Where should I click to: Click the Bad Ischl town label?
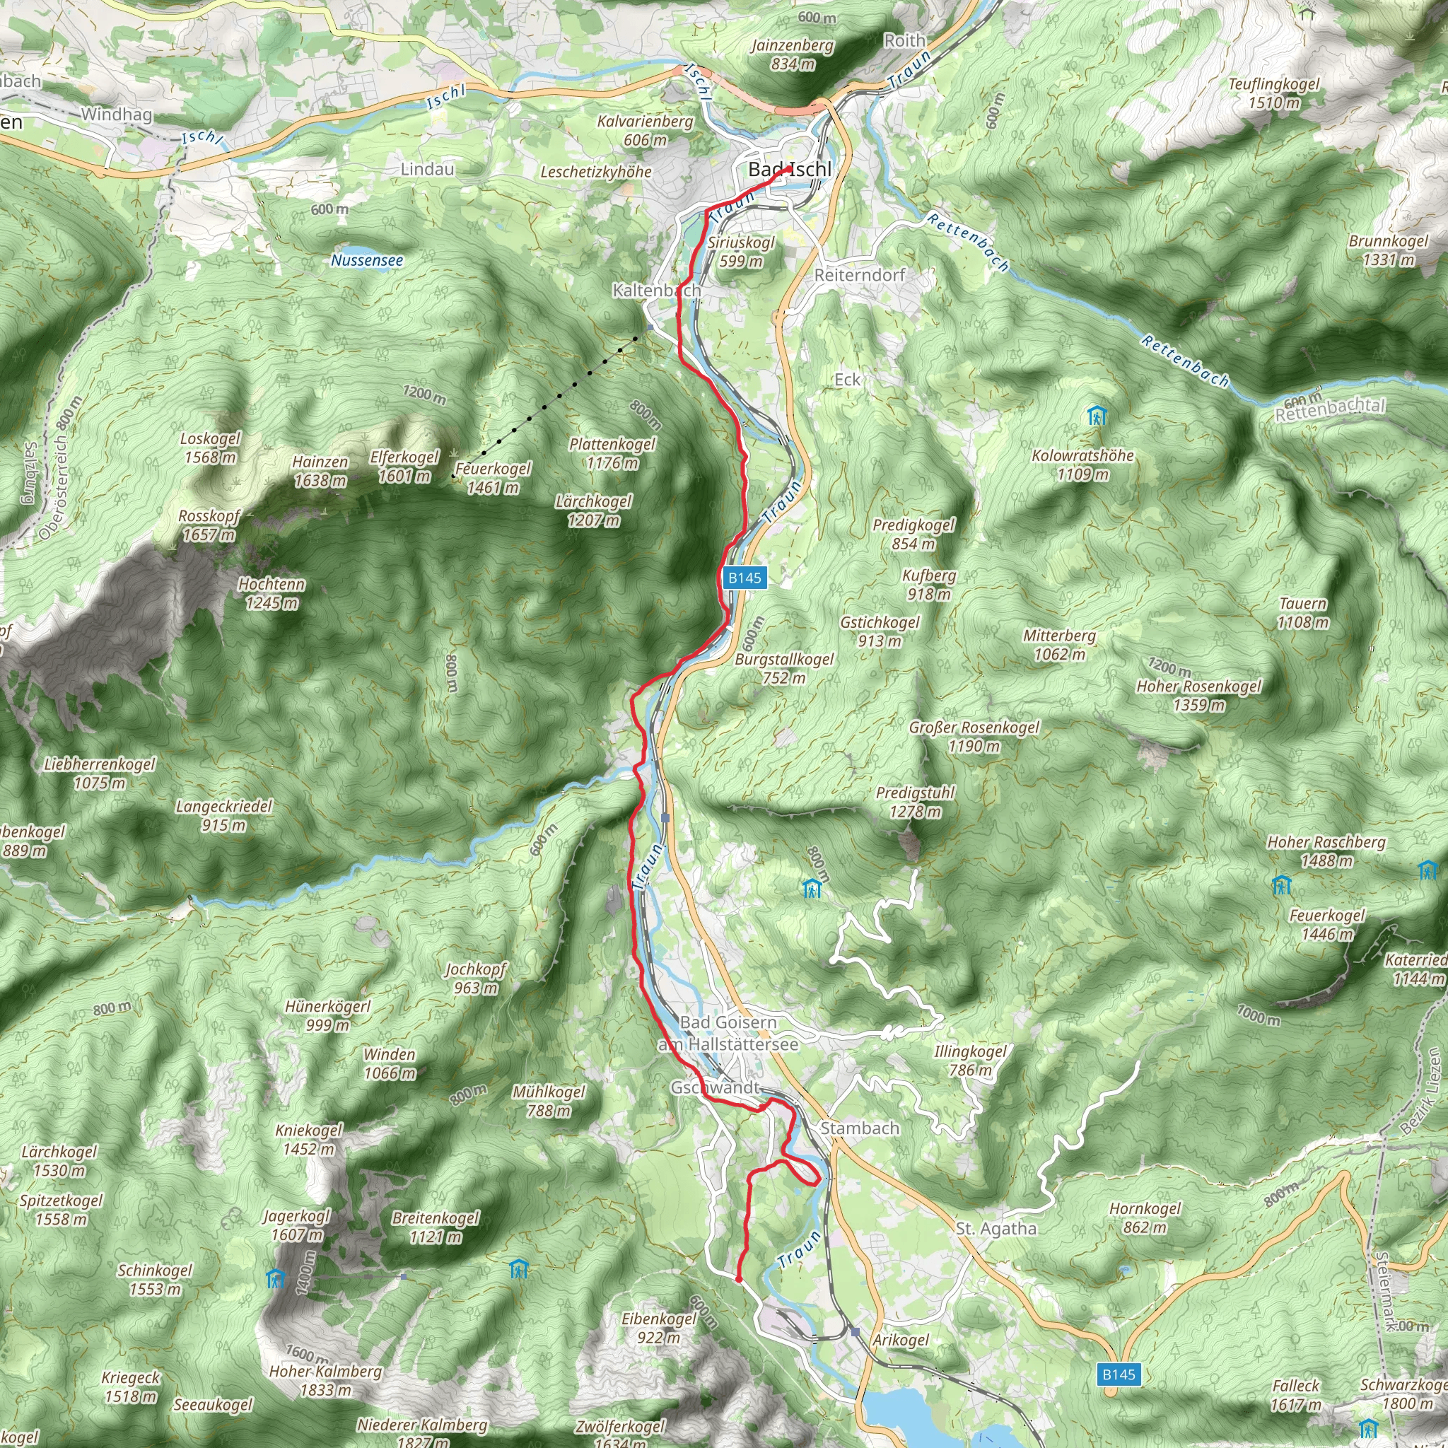tap(789, 170)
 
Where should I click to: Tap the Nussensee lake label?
tap(366, 260)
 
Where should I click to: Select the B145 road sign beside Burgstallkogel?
tap(745, 578)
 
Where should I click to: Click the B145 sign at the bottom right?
tap(1119, 1374)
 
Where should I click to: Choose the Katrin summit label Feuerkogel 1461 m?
tap(492, 478)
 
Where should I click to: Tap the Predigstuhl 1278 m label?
tap(915, 802)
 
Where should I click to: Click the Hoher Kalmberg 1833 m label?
tap(325, 1380)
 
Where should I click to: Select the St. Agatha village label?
tap(996, 1228)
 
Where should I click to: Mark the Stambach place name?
tap(859, 1128)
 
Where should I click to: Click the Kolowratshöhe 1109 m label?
tap(1082, 465)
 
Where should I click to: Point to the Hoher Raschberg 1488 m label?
tap(1326, 851)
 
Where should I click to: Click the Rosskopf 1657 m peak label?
tap(209, 525)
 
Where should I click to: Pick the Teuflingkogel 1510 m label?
tap(1273, 93)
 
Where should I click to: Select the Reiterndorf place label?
tap(860, 275)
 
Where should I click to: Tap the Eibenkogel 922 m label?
tap(659, 1327)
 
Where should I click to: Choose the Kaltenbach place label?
tap(657, 290)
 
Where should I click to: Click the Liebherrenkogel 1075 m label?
tap(100, 773)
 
